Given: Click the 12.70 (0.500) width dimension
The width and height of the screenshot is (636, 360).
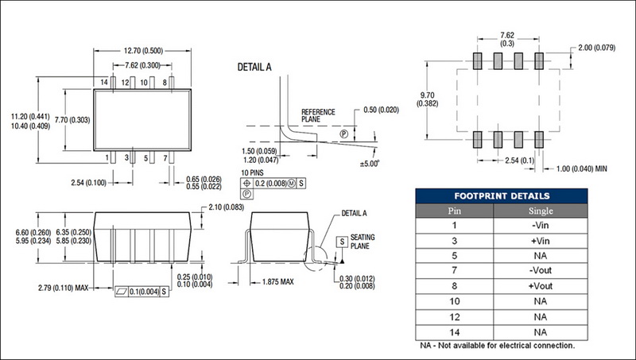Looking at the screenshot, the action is pos(143,51).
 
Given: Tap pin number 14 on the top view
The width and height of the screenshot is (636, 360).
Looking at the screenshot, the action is pos(104,83).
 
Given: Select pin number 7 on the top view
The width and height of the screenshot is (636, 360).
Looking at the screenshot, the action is pos(165,158).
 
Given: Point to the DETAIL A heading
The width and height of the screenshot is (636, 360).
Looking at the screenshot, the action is pos(254,68).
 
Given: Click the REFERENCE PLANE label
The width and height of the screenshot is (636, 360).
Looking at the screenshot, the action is pos(319,115).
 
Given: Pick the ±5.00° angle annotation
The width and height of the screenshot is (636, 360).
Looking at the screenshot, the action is pos(370,164).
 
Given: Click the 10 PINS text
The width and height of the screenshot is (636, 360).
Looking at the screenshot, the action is pos(252,172).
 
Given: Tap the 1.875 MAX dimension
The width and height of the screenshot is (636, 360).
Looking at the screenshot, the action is pos(277,282).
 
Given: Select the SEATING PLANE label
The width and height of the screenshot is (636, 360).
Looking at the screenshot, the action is pos(363,242).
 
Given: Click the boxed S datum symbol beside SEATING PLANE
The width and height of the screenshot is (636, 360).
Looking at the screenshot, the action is pos(342,242).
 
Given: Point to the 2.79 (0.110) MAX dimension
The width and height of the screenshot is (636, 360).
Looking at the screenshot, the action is pos(63,288).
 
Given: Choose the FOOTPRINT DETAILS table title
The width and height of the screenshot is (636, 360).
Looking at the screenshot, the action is pos(502,196).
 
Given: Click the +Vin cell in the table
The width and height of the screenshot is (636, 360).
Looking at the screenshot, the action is pos(541,241).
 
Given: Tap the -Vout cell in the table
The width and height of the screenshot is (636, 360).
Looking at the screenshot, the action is pos(541,270).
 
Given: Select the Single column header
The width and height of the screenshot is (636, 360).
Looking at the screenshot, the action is pos(541,211).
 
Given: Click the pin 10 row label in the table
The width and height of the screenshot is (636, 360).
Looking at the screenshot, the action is pos(454,301).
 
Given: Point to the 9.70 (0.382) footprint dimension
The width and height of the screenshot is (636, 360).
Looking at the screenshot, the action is pos(427,99).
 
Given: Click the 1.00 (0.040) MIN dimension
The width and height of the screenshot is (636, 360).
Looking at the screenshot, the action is pos(582,168).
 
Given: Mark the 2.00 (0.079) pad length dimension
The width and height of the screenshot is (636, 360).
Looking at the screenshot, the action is pos(597,48).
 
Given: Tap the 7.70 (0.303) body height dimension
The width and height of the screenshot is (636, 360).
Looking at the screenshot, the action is pos(72,120).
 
